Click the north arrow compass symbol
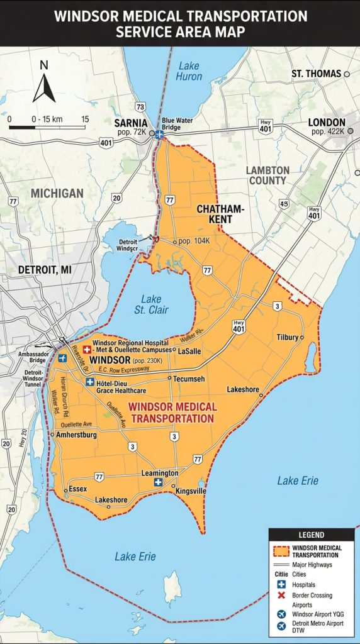pyautogui.click(x=44, y=82)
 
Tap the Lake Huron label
pyautogui.click(x=189, y=70)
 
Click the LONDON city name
pyautogui.click(x=327, y=122)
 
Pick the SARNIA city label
pyautogui.click(x=131, y=123)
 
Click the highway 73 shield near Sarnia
pyautogui.click(x=140, y=107)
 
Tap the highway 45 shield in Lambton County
pyautogui.click(x=284, y=204)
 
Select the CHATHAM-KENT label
pyautogui.click(x=215, y=214)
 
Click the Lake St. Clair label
pyautogui.click(x=150, y=304)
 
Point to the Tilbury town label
pyautogui.click(x=288, y=337)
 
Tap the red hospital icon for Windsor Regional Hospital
pyautogui.click(x=87, y=349)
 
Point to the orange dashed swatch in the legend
pyautogui.click(x=281, y=552)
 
